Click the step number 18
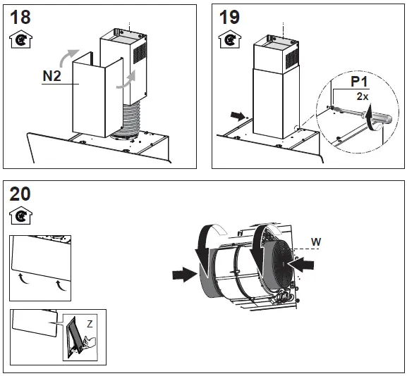(21, 16)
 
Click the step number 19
(230, 17)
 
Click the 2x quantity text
(363, 94)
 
